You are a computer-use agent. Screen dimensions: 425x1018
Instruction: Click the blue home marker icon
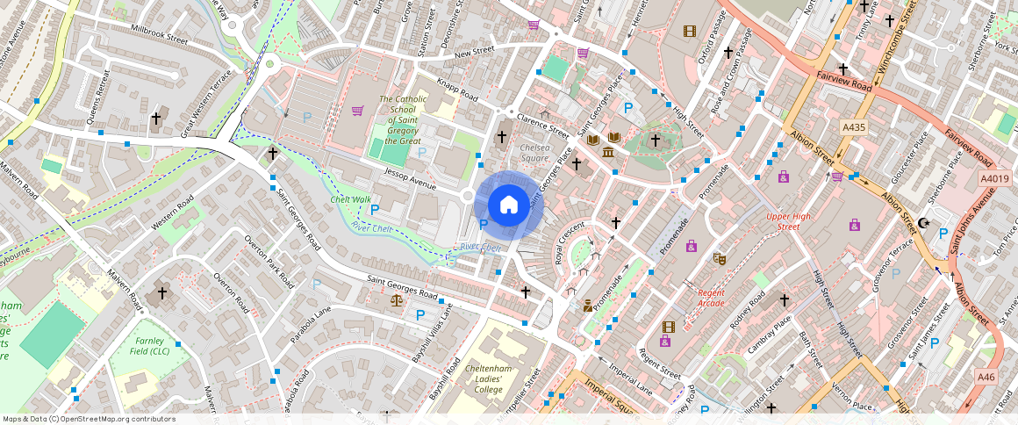pos(509,205)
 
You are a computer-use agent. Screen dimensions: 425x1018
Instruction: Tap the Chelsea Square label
pos(534,154)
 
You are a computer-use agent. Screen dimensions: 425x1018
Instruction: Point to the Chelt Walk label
pos(349,199)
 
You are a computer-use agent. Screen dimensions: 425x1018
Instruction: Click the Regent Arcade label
pos(711,298)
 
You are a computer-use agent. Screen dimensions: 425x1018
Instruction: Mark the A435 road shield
pos(853,127)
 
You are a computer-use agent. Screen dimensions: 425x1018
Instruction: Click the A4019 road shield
pos(994,177)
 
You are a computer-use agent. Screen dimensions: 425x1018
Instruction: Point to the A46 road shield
pos(987,377)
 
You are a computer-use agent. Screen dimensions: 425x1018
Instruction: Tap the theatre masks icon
pos(720,258)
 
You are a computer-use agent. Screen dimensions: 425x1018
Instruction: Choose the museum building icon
pos(608,154)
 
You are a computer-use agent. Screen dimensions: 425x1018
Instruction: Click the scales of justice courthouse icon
pos(396,300)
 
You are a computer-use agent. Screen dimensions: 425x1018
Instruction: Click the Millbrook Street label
pos(159,40)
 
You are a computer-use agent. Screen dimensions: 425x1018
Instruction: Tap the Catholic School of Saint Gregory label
pos(403,119)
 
